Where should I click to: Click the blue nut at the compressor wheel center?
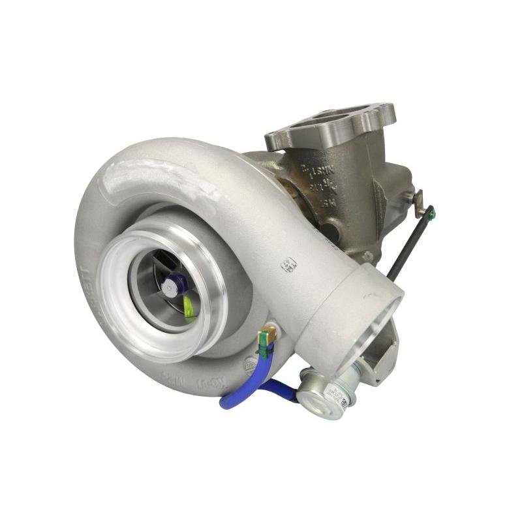coord(175,284)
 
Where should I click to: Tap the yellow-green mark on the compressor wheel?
coord(189,305)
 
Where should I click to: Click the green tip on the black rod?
coord(431,212)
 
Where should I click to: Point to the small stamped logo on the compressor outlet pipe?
coord(288,264)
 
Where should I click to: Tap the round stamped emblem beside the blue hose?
coord(249,364)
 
